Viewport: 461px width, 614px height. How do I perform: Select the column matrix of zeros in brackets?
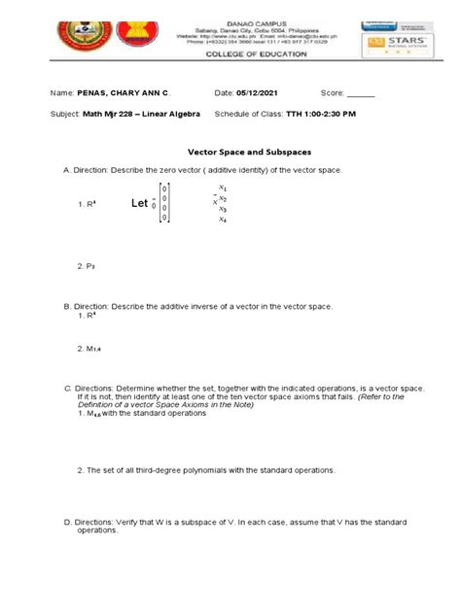click(165, 203)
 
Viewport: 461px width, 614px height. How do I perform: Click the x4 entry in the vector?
click(223, 220)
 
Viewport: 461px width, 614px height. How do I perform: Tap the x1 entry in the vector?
click(223, 188)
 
